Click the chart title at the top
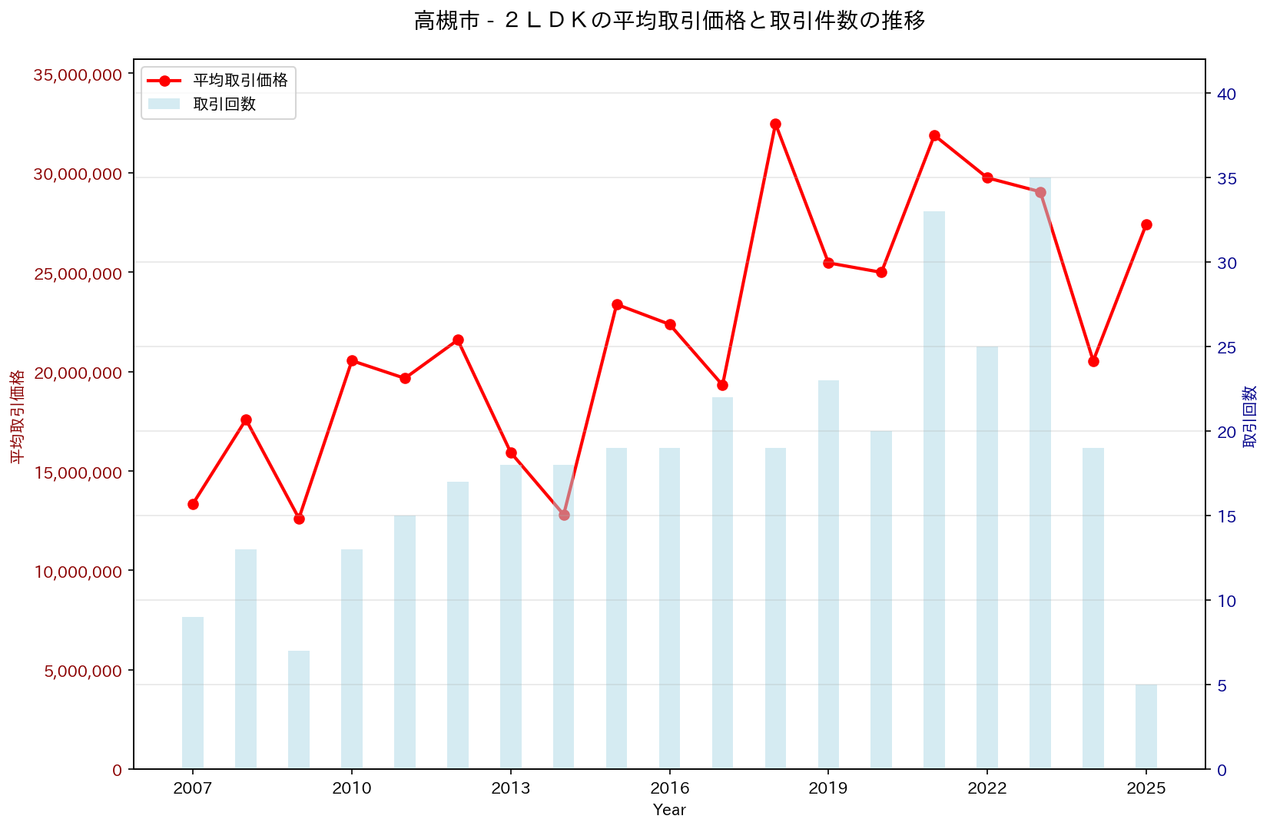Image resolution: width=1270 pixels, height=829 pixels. [669, 21]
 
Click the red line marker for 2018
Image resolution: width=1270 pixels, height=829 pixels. [775, 124]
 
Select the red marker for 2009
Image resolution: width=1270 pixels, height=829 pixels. [299, 519]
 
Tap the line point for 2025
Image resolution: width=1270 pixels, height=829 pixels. [1146, 224]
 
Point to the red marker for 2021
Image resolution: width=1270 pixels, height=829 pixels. [934, 136]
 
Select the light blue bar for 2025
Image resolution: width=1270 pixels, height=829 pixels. [1146, 726]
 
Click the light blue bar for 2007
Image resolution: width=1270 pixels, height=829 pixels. [193, 692]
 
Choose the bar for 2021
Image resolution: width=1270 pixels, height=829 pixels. [934, 489]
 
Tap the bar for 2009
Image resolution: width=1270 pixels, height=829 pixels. [299, 709]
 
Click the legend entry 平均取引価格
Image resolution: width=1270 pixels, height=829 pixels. [240, 81]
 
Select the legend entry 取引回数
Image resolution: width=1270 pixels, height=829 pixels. [224, 104]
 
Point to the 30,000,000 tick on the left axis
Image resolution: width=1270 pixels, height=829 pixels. [78, 174]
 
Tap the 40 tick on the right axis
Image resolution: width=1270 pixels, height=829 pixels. [1226, 94]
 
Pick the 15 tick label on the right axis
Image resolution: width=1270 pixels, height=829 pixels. [1226, 516]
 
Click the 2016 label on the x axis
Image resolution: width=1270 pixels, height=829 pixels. [669, 788]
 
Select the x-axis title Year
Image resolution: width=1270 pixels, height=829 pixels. [669, 810]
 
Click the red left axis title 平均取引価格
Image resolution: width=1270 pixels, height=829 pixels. [17, 416]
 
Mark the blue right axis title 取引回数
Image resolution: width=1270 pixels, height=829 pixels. [1250, 416]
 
